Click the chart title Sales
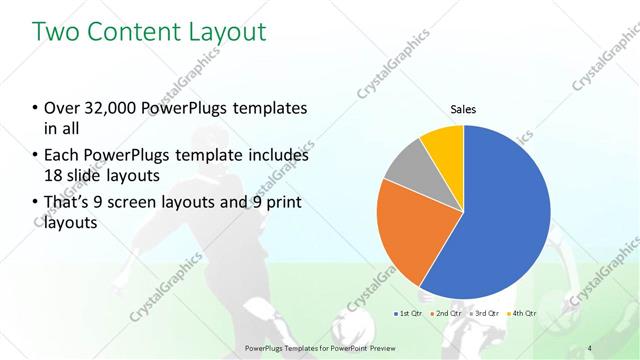463,110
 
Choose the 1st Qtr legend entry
408,314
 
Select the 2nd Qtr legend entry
447,314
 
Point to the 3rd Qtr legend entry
485,314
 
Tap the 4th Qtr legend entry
524,314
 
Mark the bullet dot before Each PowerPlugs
36,157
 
